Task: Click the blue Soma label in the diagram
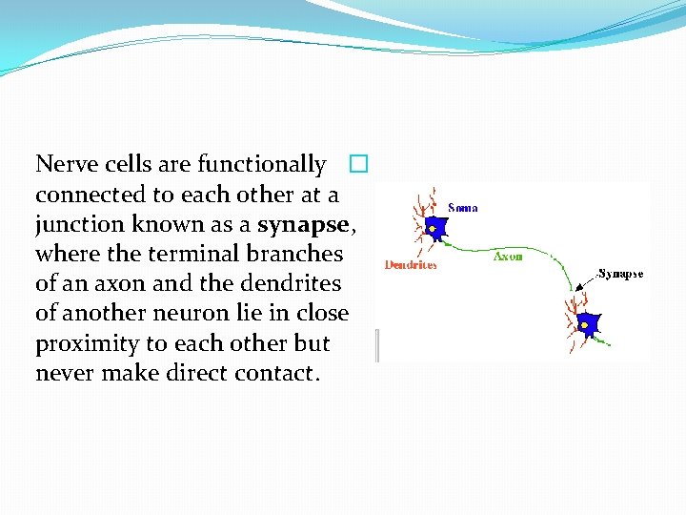pos(462,207)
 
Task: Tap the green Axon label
pos(507,256)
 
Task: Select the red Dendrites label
pos(410,265)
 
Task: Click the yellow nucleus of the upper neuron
pos(433,230)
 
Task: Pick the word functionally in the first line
pos(261,164)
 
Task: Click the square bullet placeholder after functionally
pos(357,164)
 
